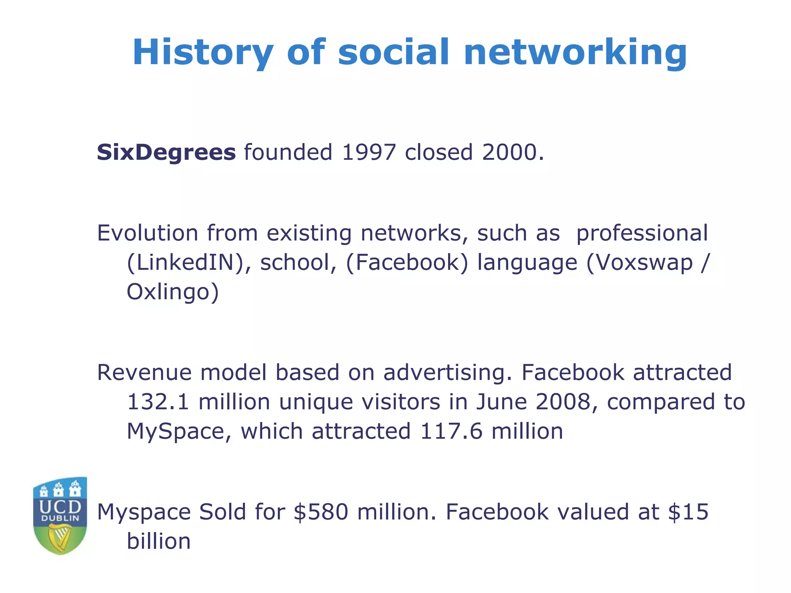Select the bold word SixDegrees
coord(166,152)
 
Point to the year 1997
coord(369,152)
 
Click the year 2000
coord(509,152)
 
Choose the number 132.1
coord(158,402)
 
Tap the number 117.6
coord(451,431)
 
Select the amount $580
coord(321,512)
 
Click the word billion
coord(159,541)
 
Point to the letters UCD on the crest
coord(60,507)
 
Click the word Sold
coord(222,512)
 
